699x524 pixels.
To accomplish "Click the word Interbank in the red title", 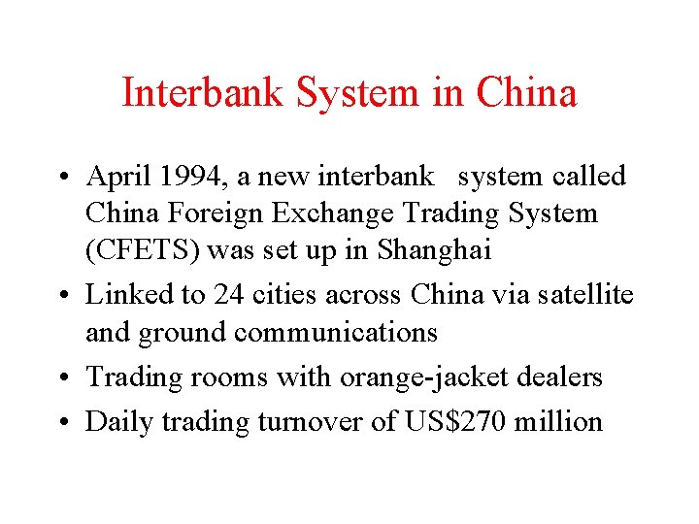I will [204, 93].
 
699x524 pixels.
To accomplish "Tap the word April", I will [116, 177].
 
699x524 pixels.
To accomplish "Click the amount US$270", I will [449, 420].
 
